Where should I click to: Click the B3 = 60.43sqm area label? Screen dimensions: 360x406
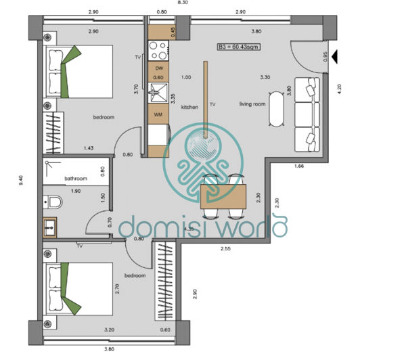[239, 47]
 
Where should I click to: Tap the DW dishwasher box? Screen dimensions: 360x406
[158, 68]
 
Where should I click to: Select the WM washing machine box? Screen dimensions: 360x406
[158, 114]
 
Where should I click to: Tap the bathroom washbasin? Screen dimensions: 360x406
[49, 226]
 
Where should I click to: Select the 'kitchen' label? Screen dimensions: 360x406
[189, 107]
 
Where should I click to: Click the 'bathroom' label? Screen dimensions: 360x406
[76, 179]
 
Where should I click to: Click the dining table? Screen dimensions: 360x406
[225, 196]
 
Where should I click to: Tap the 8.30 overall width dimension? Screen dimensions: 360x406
[182, 3]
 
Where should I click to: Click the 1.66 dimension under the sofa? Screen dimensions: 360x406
[300, 166]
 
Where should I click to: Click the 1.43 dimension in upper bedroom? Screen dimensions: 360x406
[89, 148]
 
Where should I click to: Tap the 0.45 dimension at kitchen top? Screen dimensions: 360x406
[173, 30]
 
